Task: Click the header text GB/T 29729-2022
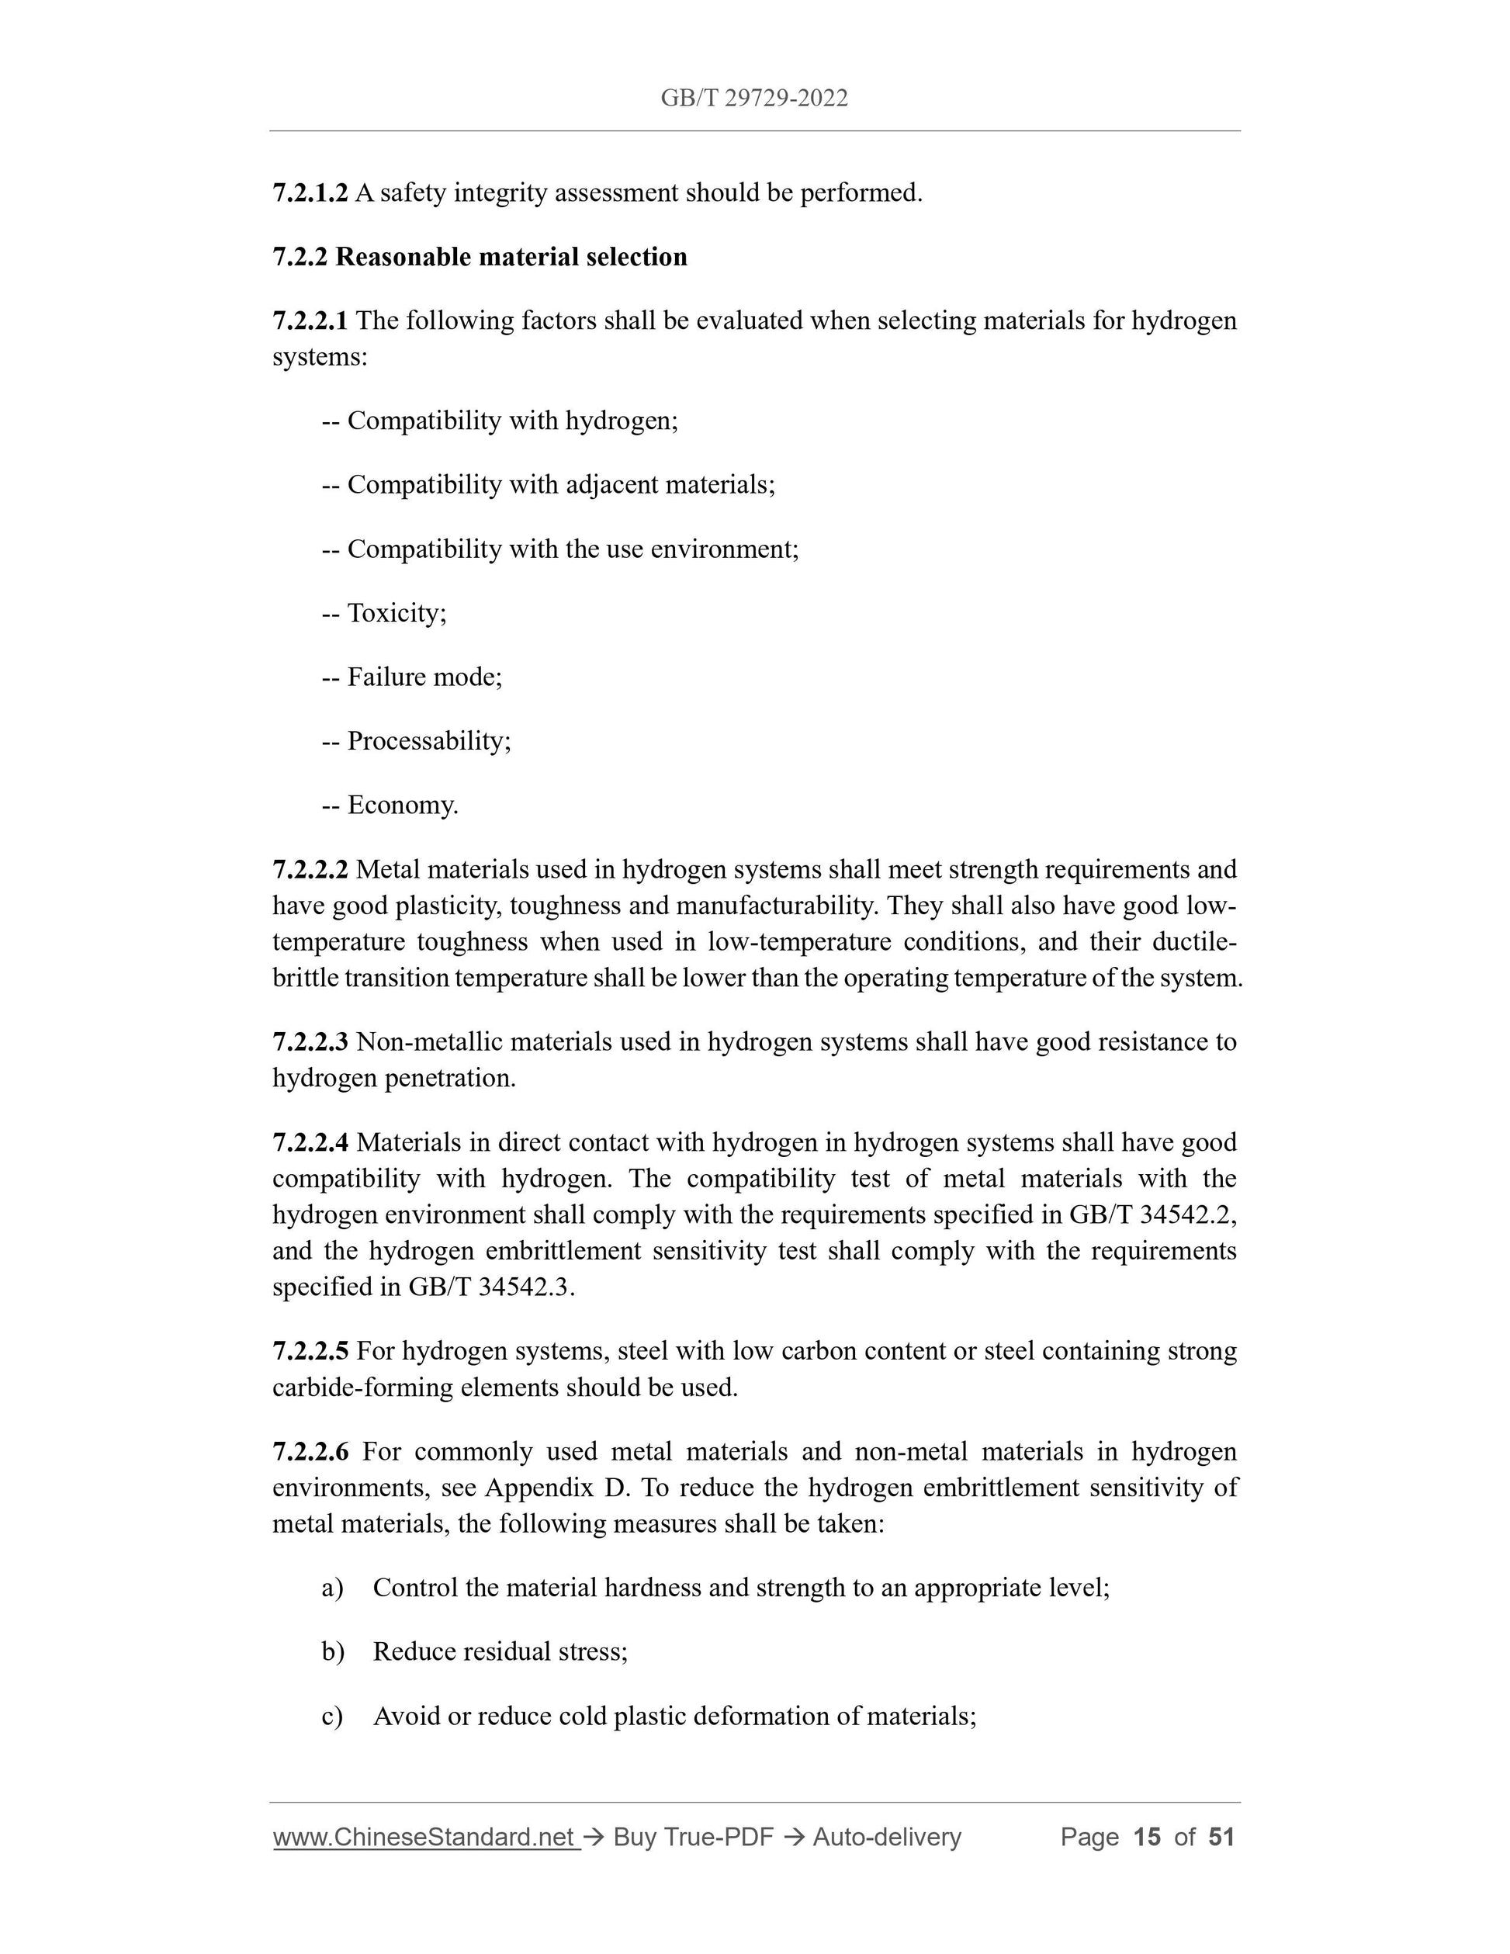click(754, 99)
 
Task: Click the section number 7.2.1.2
click(310, 192)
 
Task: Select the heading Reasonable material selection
click(511, 257)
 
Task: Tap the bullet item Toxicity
click(397, 613)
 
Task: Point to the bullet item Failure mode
click(424, 677)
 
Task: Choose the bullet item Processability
click(428, 741)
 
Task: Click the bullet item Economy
click(402, 806)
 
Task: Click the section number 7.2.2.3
click(310, 1041)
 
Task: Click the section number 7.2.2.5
click(310, 1350)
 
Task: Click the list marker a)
click(332, 1587)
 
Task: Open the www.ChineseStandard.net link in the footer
click(423, 1837)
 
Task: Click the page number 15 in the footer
click(1146, 1837)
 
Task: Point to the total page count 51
click(1221, 1837)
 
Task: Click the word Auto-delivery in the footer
click(886, 1837)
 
